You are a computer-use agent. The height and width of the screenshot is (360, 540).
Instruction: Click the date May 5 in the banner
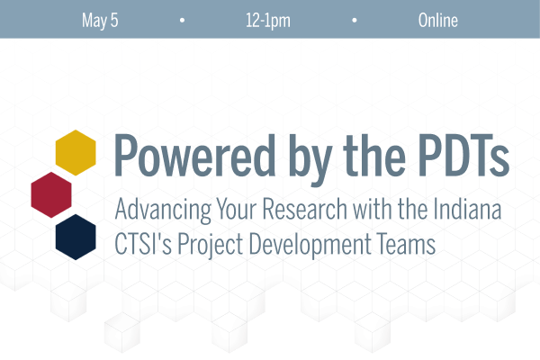tap(100, 20)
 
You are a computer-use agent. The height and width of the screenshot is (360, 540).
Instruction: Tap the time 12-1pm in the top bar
tap(268, 20)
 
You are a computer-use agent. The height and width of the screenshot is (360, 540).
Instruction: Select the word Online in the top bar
tap(438, 20)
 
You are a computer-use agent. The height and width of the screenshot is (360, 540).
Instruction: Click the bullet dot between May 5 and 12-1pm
tap(183, 20)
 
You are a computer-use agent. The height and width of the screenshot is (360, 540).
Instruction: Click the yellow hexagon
tap(76, 152)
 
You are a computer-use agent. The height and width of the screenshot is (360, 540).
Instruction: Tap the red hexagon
tap(51, 194)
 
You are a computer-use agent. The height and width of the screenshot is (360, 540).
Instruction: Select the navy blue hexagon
tap(76, 236)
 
